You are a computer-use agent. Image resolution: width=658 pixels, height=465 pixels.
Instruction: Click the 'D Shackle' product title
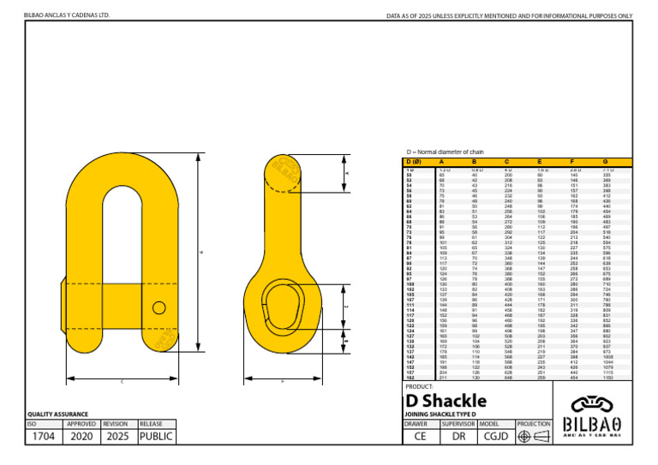point(446,401)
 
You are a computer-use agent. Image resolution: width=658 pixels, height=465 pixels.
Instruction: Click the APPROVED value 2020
point(82,436)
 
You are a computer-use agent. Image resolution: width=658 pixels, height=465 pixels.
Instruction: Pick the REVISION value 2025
point(118,436)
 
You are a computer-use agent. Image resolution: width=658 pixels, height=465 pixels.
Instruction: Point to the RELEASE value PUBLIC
point(155,436)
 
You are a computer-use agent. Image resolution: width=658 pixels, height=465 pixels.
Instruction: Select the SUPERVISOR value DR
point(458,436)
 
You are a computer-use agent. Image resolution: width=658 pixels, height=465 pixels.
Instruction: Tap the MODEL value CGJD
point(496,436)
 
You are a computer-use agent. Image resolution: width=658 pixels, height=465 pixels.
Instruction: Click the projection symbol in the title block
point(533,436)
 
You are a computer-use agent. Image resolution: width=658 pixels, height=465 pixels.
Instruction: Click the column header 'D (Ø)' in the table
point(414,162)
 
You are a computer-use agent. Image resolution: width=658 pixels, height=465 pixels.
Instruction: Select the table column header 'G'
point(605,162)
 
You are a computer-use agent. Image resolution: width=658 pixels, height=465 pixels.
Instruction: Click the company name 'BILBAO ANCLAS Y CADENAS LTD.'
point(67,15)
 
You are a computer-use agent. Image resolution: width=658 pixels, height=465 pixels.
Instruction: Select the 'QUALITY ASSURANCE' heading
point(58,414)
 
